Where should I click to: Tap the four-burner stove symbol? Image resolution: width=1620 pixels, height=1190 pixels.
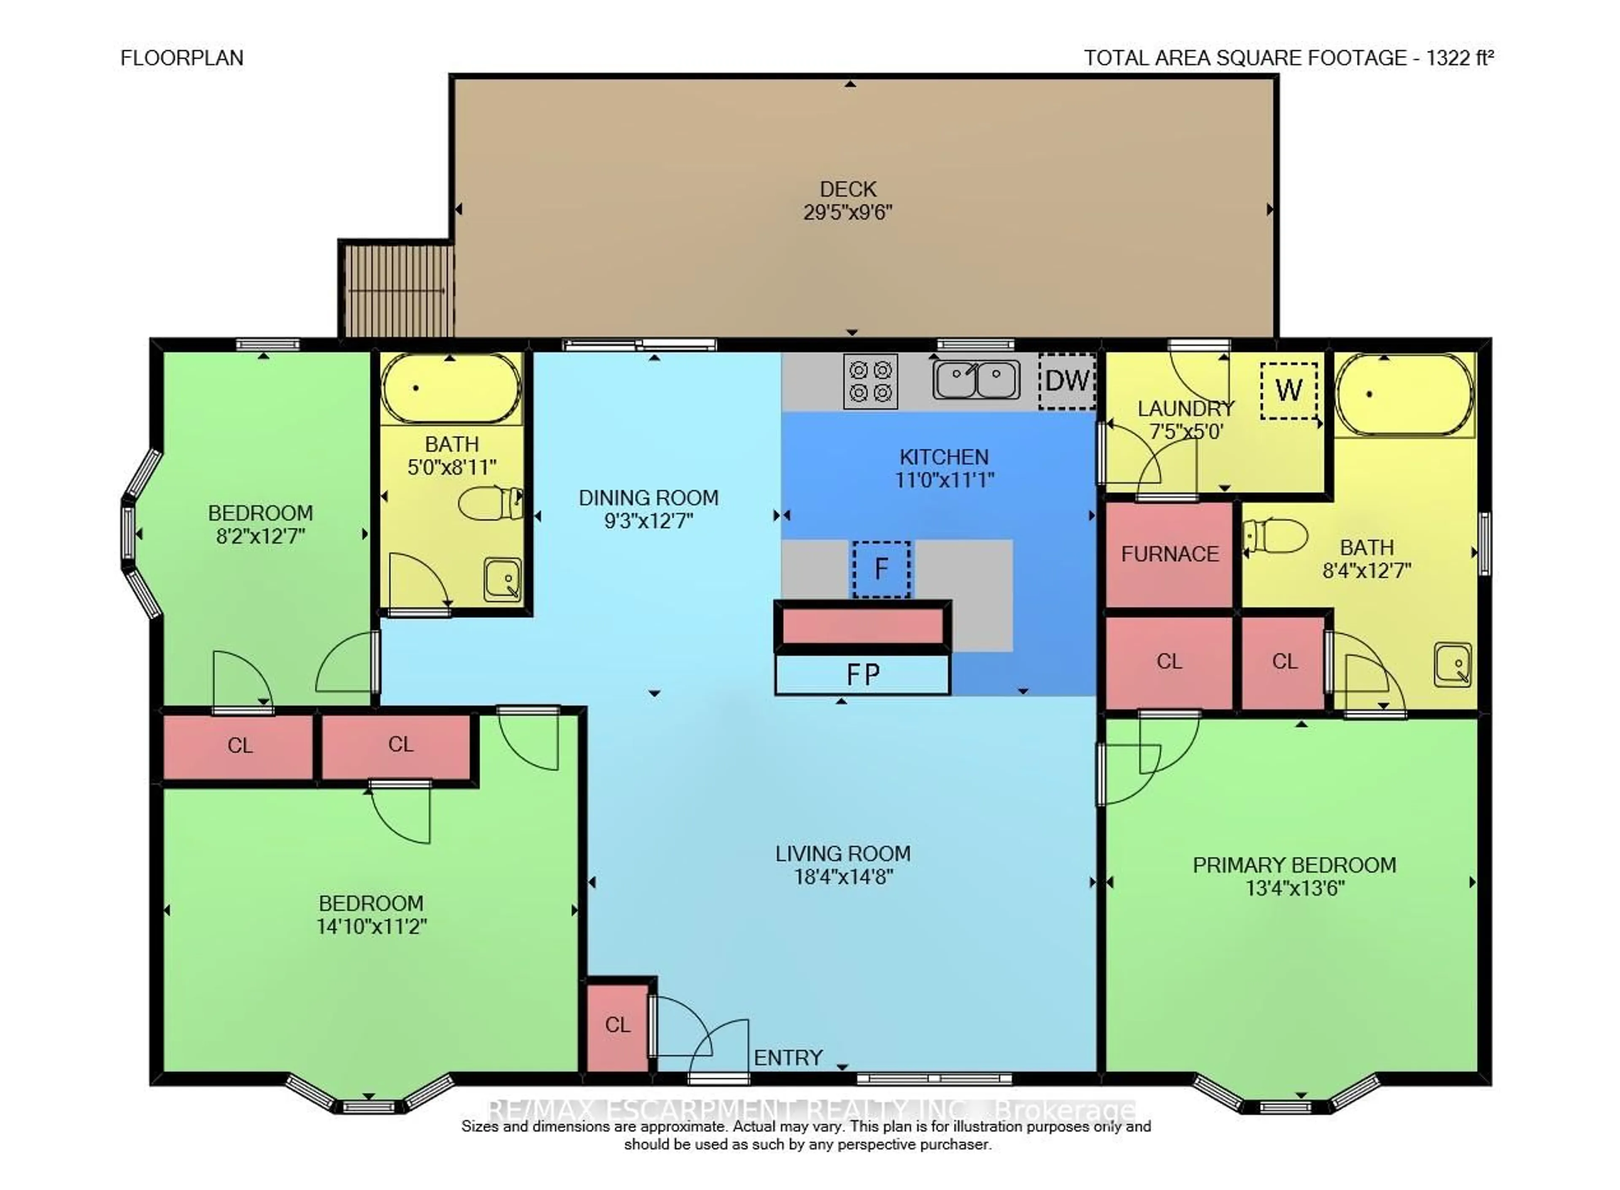870,381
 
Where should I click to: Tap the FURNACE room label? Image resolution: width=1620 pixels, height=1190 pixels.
1169,554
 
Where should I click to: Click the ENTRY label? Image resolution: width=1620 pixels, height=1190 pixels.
787,1058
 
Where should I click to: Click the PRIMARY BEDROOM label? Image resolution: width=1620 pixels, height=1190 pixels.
1294,865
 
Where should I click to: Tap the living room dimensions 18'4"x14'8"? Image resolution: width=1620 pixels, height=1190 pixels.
843,877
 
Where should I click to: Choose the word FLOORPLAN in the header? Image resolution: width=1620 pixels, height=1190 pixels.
181,58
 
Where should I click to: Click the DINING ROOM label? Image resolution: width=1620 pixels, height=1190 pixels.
648,498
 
